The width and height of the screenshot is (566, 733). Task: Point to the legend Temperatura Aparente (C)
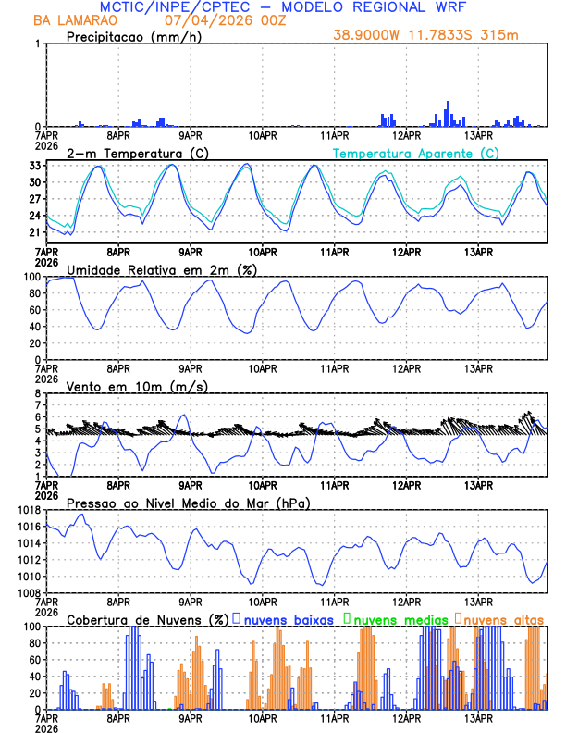pos(416,153)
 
